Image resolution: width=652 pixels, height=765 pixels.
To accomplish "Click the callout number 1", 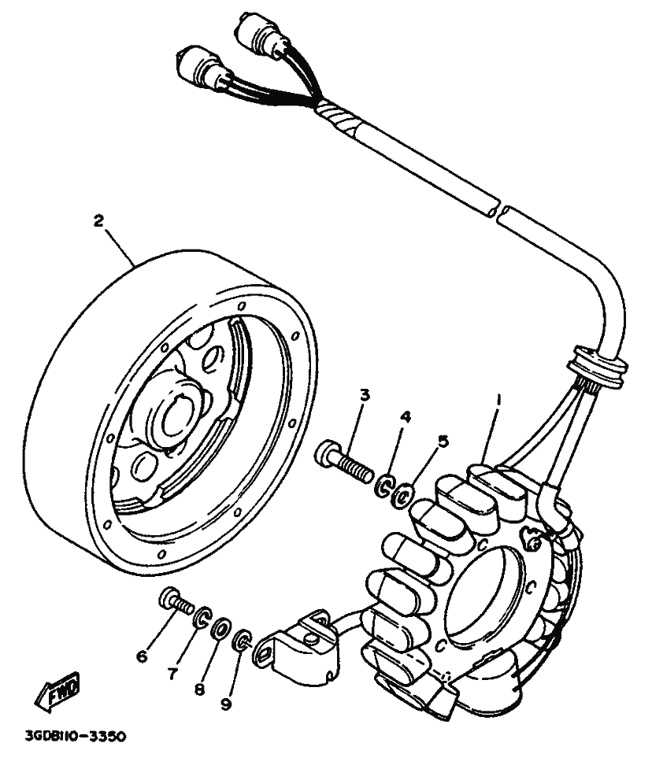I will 498,400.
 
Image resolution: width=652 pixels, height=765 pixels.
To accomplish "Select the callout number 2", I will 98,221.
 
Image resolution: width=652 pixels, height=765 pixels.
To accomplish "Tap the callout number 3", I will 364,394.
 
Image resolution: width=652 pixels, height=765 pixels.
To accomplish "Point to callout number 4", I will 405,417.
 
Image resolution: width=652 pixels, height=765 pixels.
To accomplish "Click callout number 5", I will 443,441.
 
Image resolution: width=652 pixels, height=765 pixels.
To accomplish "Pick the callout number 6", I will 142,655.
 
